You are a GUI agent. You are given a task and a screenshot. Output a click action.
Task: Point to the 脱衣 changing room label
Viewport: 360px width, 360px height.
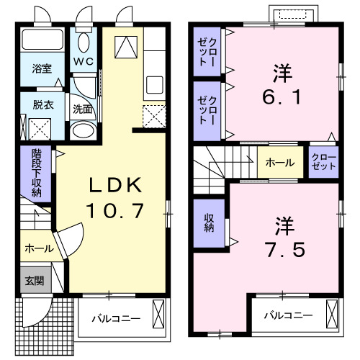click(42, 104)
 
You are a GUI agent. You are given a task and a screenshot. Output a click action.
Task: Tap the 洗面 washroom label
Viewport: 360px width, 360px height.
click(82, 110)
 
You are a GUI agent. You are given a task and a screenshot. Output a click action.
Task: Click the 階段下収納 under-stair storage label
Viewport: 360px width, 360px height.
click(36, 173)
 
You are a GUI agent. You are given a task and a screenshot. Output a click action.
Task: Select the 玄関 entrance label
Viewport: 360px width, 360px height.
click(32, 281)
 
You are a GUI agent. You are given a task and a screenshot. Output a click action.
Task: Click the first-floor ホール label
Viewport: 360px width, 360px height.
click(38, 248)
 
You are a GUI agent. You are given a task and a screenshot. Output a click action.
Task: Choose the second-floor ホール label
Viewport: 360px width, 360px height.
click(279, 163)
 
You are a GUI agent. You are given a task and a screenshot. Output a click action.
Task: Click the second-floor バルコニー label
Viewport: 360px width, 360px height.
click(287, 315)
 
